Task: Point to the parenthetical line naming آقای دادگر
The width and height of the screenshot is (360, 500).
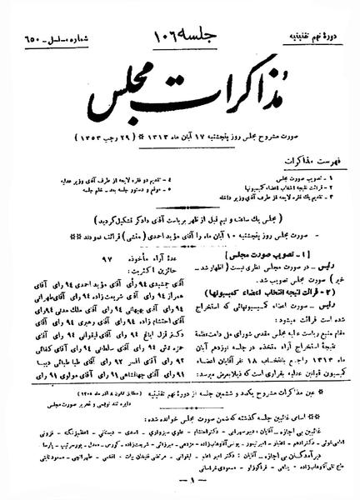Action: click(x=179, y=189)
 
